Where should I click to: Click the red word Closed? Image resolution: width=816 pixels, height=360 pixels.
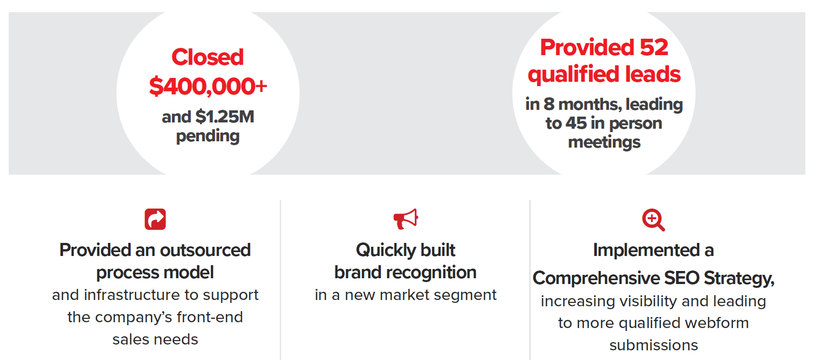207,57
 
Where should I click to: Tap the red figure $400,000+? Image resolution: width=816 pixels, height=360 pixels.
208,86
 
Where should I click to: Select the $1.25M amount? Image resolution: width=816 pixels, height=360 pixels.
225,117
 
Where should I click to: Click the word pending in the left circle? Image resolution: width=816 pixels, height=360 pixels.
208,136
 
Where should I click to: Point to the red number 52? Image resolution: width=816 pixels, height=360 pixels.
653,47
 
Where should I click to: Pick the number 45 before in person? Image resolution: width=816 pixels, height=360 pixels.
576,123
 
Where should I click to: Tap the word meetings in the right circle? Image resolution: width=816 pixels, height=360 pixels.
604,142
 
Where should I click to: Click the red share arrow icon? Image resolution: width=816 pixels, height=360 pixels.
155,219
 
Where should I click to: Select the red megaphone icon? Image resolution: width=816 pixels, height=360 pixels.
406,219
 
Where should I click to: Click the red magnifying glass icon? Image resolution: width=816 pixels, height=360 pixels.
653,220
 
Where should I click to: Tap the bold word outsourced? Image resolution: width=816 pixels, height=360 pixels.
205,250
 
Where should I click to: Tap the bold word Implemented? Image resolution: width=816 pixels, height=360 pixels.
646,251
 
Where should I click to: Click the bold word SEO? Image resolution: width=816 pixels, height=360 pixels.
681,278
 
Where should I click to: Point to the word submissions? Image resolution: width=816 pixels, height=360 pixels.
653,345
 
